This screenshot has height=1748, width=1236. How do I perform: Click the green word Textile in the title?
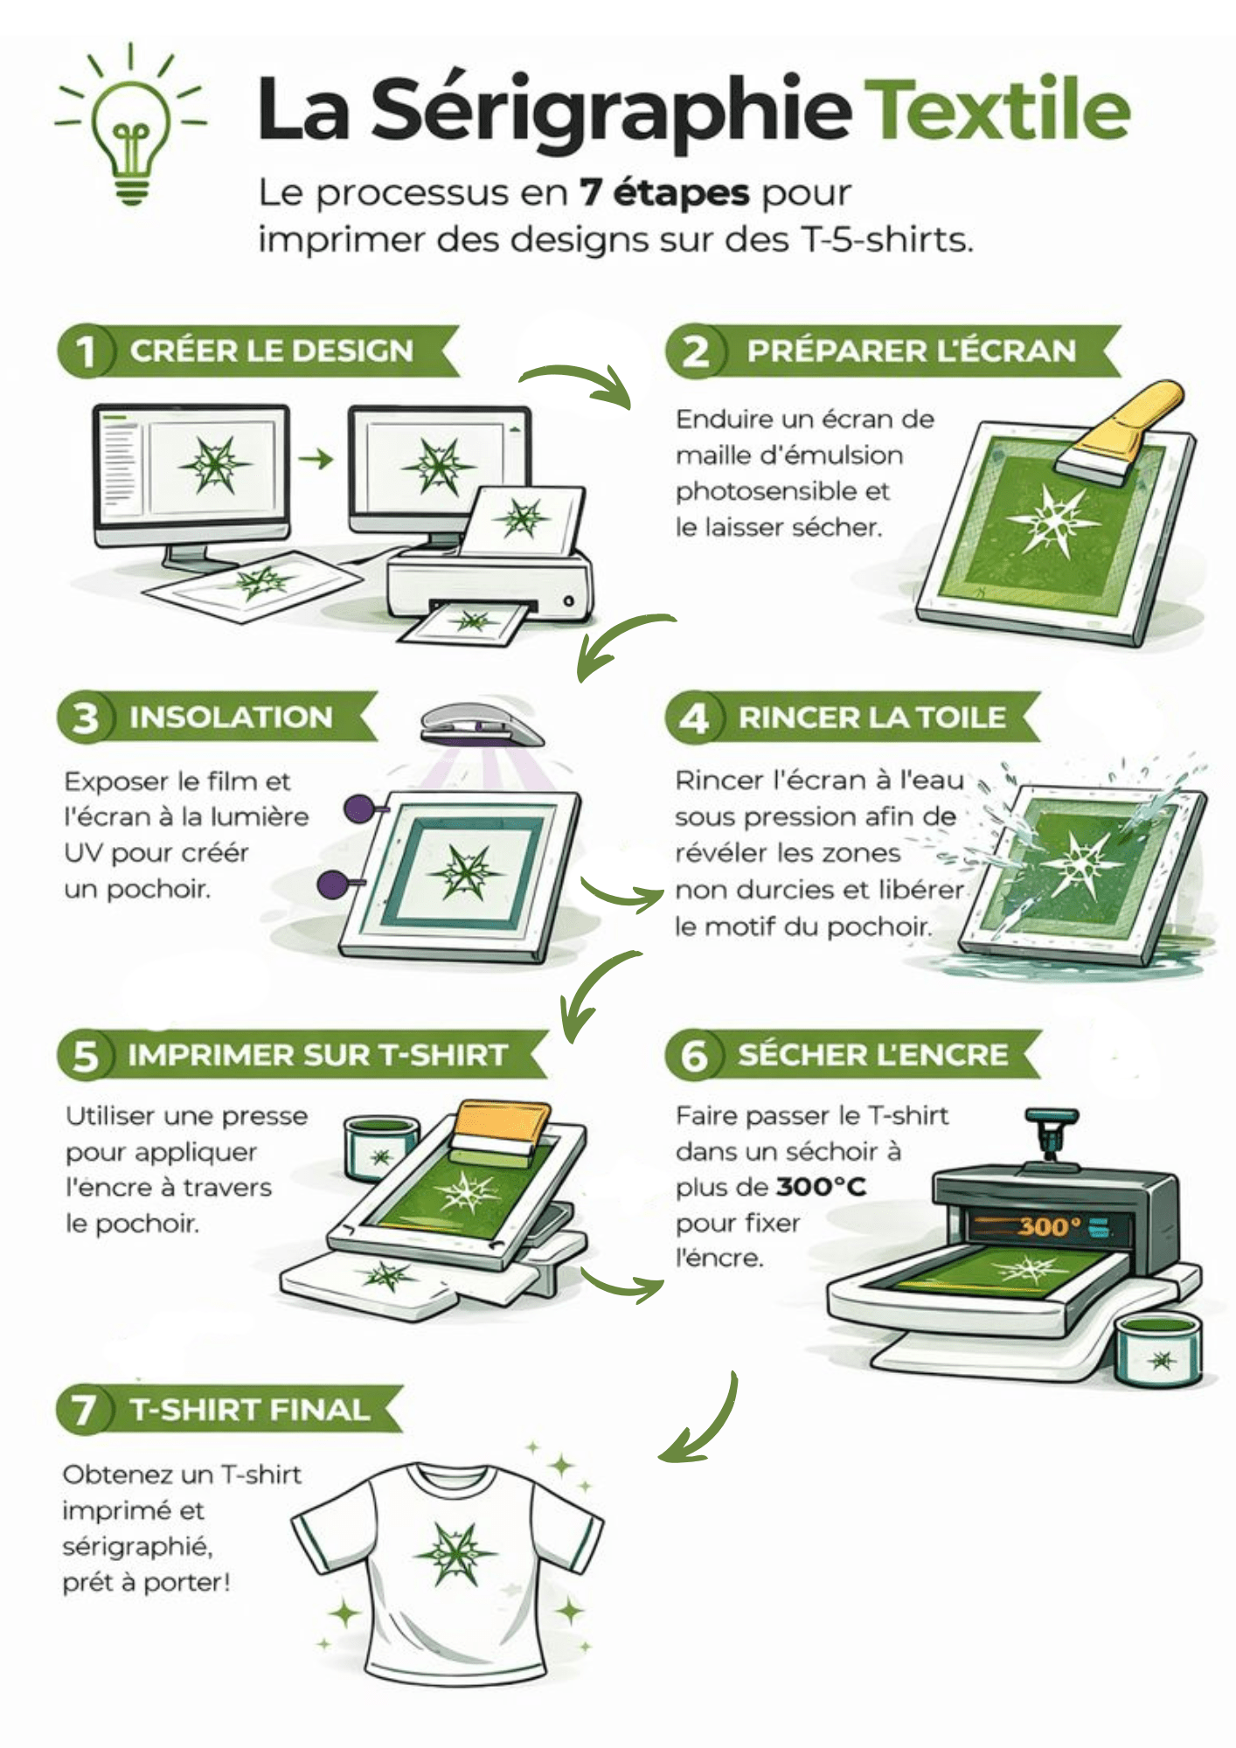point(997,110)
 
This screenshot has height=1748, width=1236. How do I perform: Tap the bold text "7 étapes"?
point(664,193)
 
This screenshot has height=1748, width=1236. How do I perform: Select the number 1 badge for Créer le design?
point(85,351)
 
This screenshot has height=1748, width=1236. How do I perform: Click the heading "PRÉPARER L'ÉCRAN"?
point(911,351)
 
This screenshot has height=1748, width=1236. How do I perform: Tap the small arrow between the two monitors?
point(316,458)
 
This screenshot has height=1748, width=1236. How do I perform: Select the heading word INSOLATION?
point(231,718)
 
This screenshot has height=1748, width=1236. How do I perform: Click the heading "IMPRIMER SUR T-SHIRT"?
point(317,1055)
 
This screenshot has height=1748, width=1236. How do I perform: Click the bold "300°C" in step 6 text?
point(820,1187)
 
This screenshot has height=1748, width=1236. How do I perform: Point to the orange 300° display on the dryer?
point(1049,1226)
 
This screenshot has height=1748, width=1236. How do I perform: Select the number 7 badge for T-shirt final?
point(85,1410)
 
